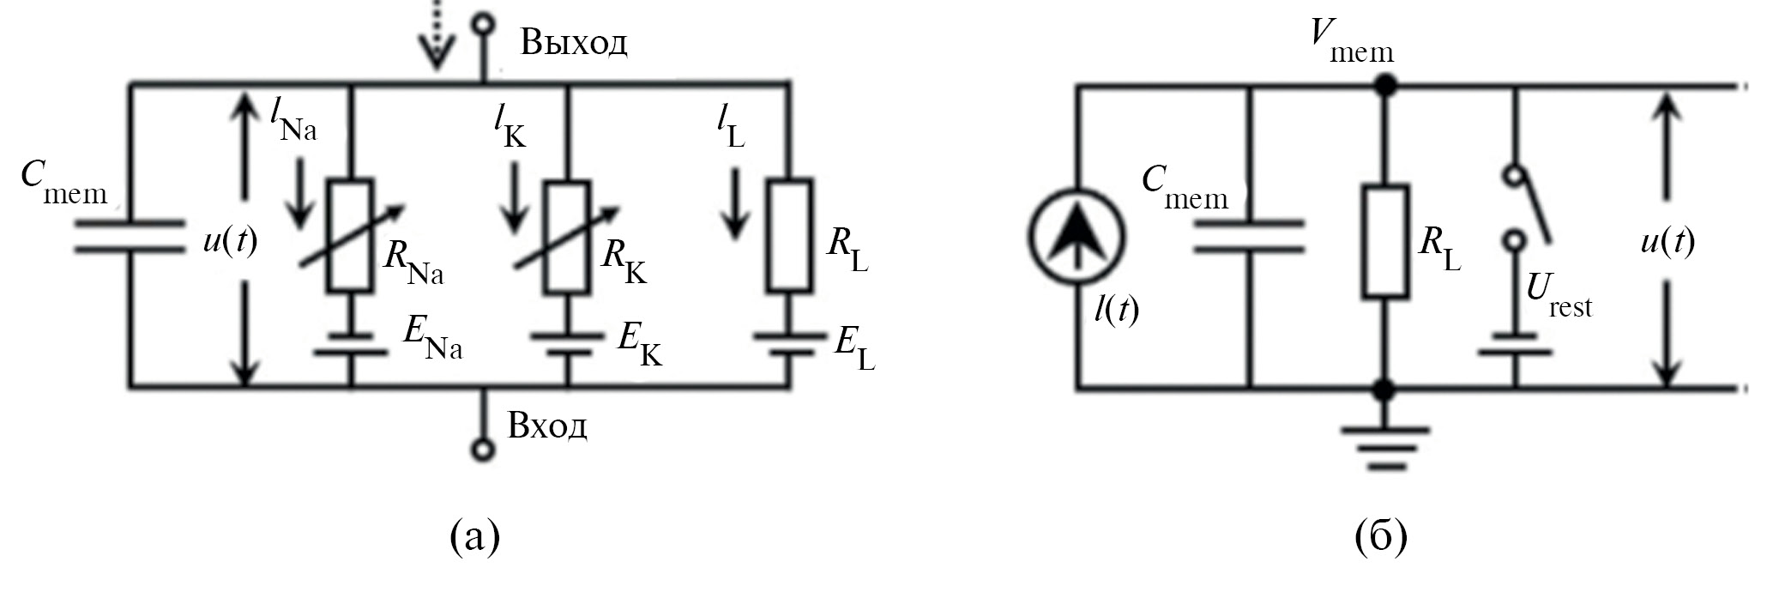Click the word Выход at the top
573,41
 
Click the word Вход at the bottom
546,426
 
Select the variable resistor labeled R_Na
351,237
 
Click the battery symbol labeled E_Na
351,343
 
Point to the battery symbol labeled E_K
567,343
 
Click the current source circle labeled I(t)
1076,238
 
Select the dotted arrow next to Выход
437,34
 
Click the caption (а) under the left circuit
474,536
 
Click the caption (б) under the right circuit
1381,536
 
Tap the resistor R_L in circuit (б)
1384,242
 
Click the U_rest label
1558,296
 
